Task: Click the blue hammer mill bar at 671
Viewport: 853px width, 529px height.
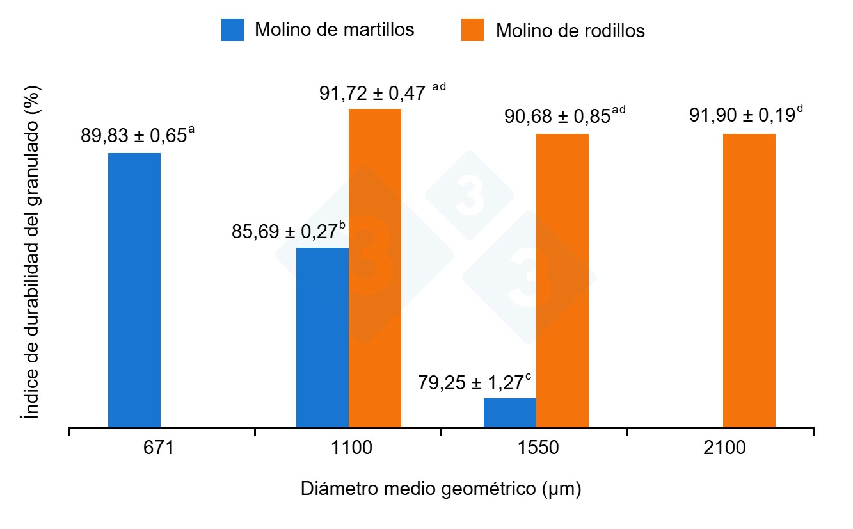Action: (134, 289)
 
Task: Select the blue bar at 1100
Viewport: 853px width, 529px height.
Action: (323, 337)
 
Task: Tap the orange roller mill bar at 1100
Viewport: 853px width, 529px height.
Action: (375, 268)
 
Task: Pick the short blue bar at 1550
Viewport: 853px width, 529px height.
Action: (510, 412)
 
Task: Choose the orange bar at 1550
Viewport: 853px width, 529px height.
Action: (562, 281)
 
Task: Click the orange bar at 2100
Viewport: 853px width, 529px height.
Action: (749, 281)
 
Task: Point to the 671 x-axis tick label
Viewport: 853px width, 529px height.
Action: (158, 448)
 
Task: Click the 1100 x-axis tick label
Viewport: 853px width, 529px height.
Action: (348, 448)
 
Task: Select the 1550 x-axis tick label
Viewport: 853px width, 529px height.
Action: (536, 448)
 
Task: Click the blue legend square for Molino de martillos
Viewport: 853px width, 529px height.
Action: (232, 30)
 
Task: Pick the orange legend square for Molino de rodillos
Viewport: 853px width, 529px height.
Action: (472, 30)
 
